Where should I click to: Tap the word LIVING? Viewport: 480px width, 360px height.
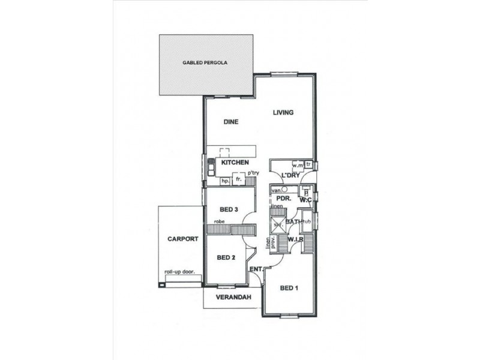click(x=283, y=112)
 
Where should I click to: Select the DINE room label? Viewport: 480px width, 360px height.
click(x=231, y=122)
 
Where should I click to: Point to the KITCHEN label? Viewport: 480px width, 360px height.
click(x=235, y=163)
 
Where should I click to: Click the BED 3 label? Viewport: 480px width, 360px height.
click(x=230, y=209)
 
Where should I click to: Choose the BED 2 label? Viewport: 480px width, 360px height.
click(x=226, y=258)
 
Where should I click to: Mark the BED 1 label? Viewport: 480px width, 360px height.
click(x=289, y=288)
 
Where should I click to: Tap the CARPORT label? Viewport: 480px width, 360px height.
click(x=183, y=239)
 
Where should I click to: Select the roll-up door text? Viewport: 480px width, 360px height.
click(x=181, y=272)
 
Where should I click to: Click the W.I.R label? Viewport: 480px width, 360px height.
click(x=295, y=240)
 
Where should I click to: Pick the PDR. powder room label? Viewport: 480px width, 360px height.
click(x=284, y=199)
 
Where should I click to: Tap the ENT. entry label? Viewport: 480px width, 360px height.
click(x=256, y=269)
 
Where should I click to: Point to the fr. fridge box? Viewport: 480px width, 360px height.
click(x=239, y=179)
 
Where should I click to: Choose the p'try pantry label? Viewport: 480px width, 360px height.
click(x=253, y=173)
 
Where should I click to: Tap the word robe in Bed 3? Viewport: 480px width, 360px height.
click(x=212, y=222)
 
